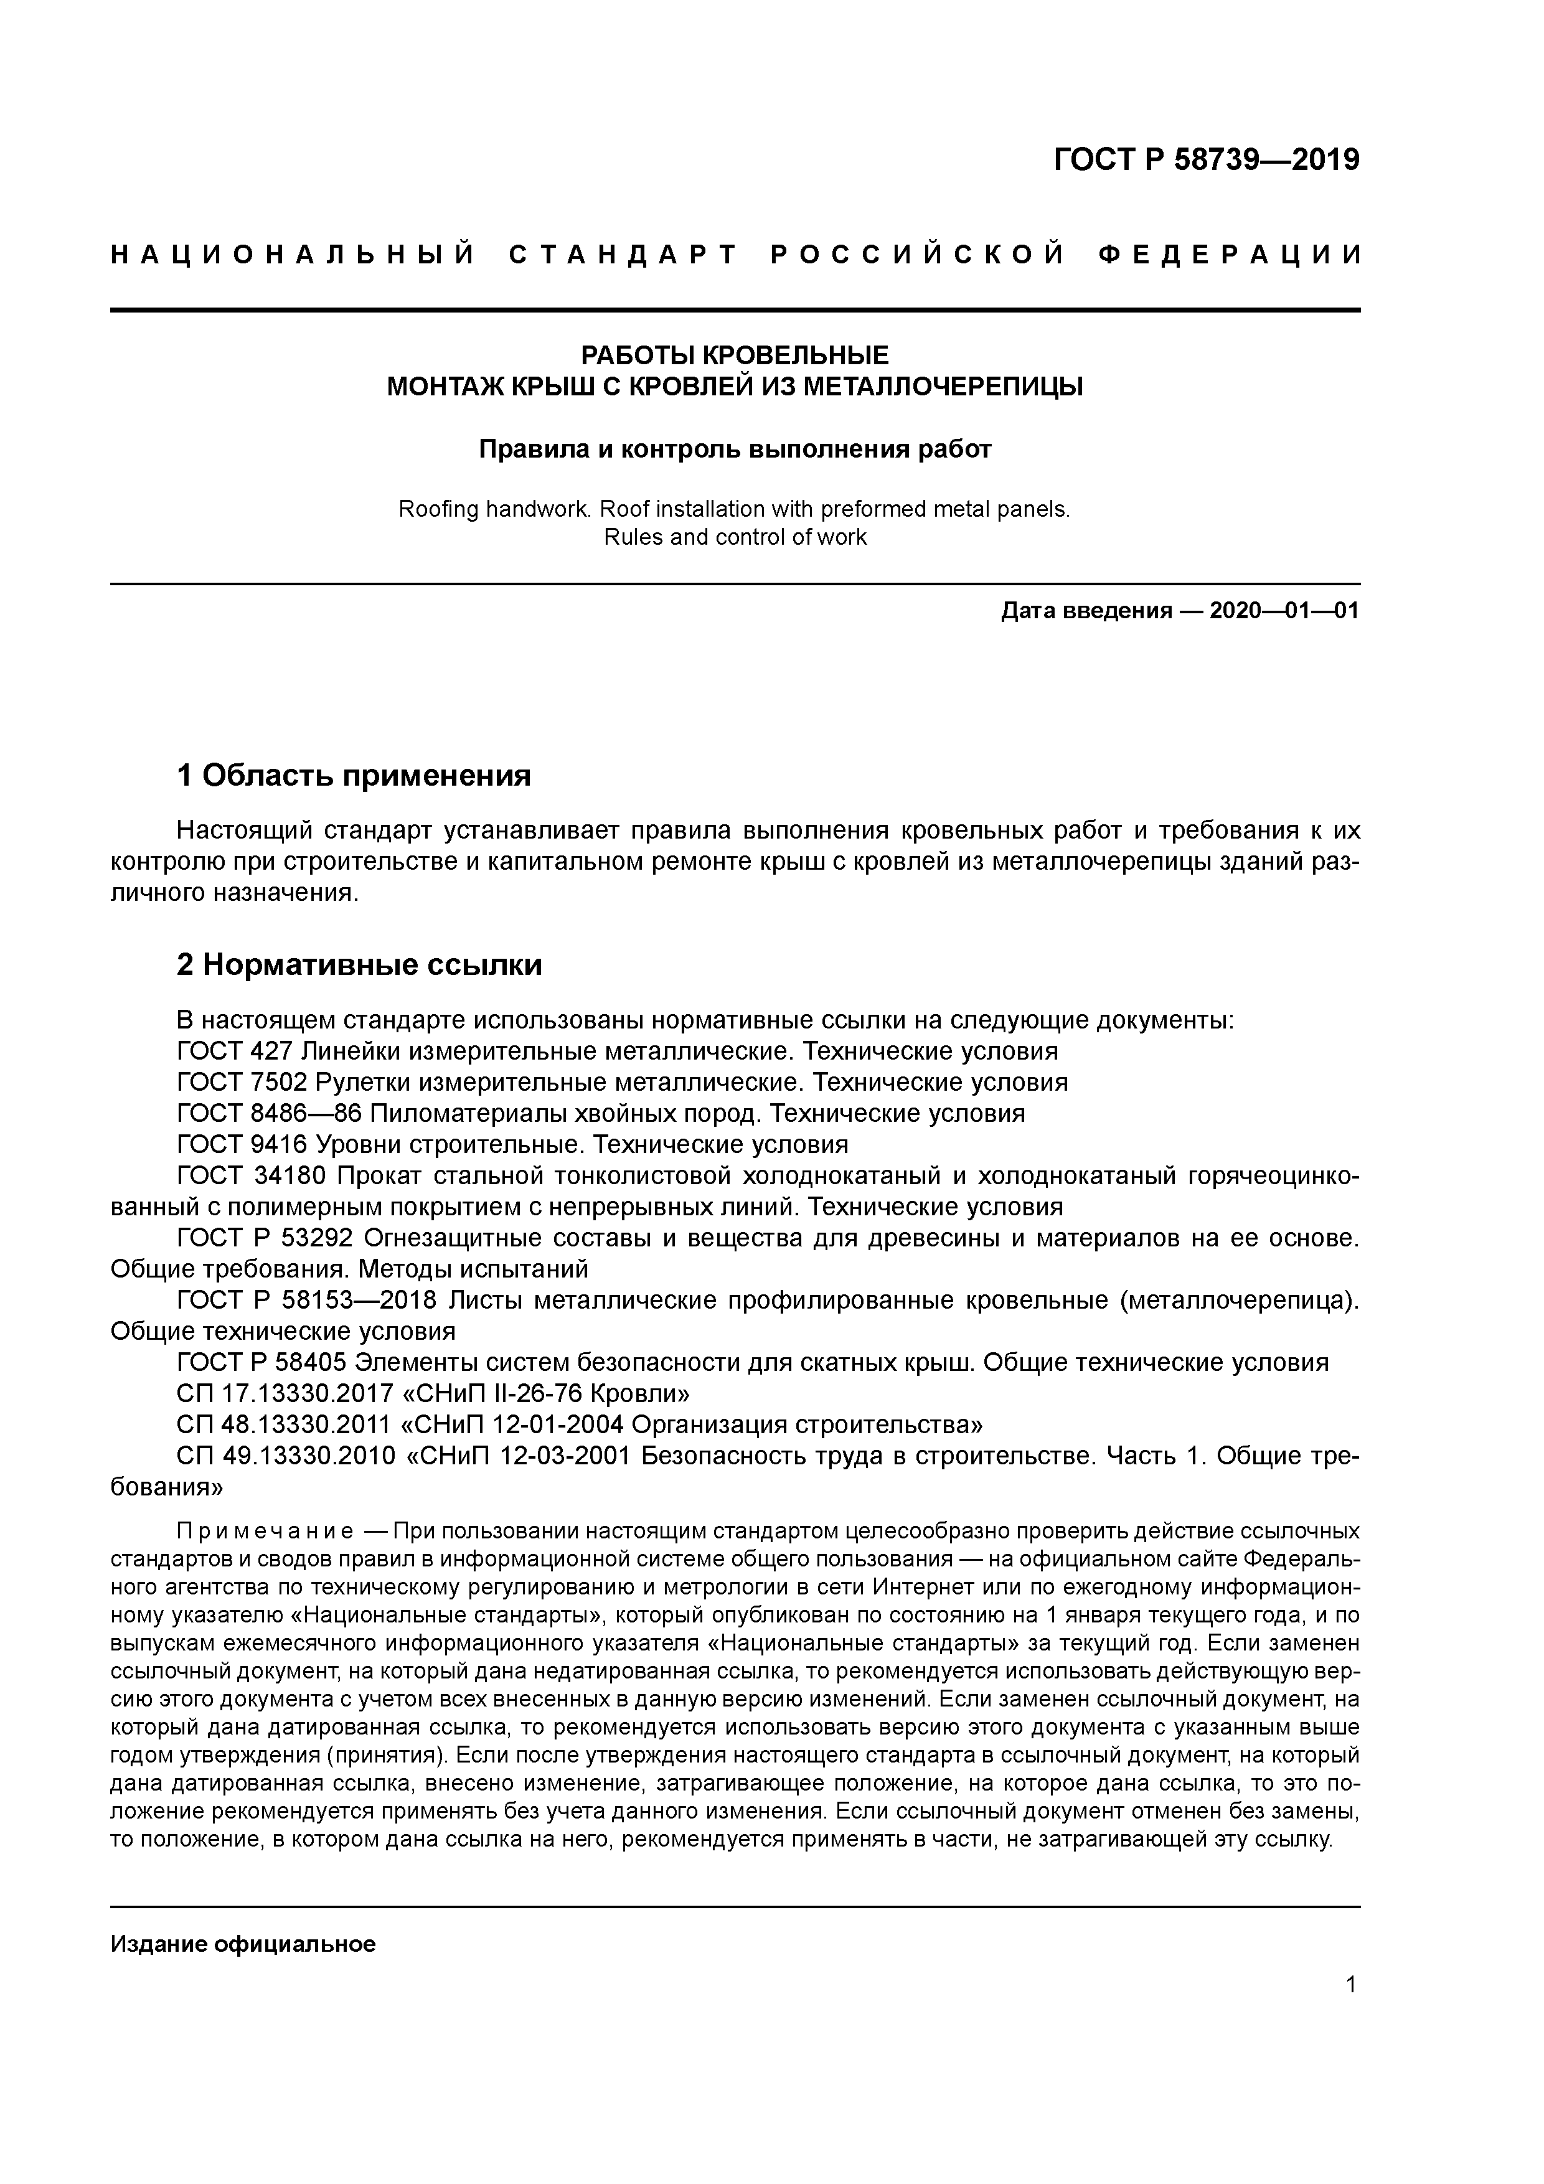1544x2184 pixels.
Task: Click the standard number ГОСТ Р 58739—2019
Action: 1207,160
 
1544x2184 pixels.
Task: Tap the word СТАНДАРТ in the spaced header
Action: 623,255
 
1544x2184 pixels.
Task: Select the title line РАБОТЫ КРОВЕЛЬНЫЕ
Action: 735,355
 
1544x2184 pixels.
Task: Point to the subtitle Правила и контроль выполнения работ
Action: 735,449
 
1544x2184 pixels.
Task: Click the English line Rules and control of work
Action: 735,537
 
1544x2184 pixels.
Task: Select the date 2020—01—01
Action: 1284,611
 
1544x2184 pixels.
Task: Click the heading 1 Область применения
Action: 353,776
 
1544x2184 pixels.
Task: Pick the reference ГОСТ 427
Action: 234,1051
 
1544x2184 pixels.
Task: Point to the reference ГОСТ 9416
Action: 242,1144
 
